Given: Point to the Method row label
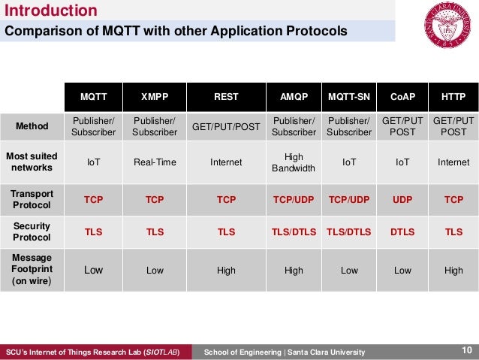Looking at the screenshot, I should coord(32,126).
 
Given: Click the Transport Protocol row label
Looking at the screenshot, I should coord(32,199).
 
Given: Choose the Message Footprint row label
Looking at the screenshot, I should coord(32,270).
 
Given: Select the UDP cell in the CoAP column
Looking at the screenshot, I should coord(402,199).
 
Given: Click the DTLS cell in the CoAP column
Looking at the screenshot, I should coord(402,232).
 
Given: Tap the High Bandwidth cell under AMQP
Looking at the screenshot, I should coord(294,162).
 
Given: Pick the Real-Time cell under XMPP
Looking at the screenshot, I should coord(155,162).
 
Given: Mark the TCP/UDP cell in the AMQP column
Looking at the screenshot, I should coord(294,199).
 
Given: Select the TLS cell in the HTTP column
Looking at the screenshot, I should coord(453,232).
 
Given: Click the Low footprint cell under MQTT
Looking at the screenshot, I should coord(93,270).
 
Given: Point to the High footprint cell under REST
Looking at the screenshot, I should coord(226,270).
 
